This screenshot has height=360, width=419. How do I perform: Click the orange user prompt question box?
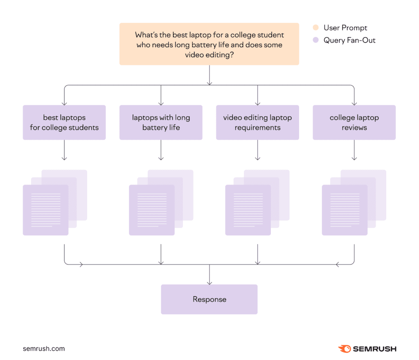(x=209, y=44)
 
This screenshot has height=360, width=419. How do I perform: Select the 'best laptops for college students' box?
(x=64, y=122)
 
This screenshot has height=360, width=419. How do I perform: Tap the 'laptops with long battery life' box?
(x=161, y=122)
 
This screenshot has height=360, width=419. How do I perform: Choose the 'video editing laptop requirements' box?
(x=257, y=122)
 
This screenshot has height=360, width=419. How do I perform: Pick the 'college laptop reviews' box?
(x=354, y=122)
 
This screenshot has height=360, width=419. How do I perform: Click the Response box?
(x=209, y=299)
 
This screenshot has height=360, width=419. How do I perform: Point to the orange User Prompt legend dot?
(x=315, y=28)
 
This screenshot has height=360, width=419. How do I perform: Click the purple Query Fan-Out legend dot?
(x=315, y=40)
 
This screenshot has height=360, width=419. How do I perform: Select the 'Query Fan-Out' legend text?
(x=349, y=40)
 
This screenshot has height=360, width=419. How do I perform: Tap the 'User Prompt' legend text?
(x=345, y=28)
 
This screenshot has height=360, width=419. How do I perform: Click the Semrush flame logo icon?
(x=345, y=349)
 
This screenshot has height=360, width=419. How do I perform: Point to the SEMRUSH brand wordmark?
(x=374, y=349)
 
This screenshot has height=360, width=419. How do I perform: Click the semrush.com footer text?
(x=44, y=349)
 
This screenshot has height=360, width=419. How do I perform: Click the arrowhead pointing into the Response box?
(x=209, y=282)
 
